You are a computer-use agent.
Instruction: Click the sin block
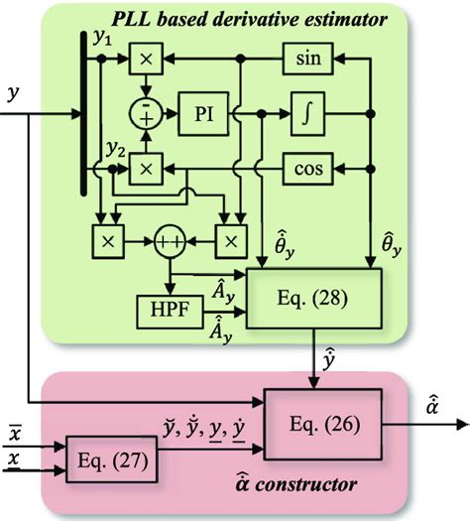coord(307,59)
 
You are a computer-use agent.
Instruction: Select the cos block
coord(307,169)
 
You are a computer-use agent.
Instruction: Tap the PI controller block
coord(203,114)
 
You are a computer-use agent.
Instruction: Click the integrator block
coord(307,114)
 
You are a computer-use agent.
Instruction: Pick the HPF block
coord(170,312)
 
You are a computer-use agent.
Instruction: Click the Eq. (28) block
coord(313,298)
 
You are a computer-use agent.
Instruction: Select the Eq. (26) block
coord(322,425)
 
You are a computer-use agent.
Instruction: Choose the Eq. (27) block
coord(111,459)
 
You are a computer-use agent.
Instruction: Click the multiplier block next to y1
coord(146,59)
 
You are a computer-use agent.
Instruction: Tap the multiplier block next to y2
coord(146,169)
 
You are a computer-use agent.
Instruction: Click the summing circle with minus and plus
coord(146,114)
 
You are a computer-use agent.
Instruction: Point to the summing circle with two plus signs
coord(170,241)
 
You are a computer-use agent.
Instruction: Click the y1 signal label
coord(102,39)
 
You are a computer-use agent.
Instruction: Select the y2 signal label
coord(116,150)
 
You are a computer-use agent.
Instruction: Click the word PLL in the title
coord(132,19)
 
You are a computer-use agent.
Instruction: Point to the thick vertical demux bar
coord(83,113)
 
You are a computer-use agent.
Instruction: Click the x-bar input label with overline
coord(15,433)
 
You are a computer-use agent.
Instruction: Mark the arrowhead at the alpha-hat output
coord(464,425)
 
